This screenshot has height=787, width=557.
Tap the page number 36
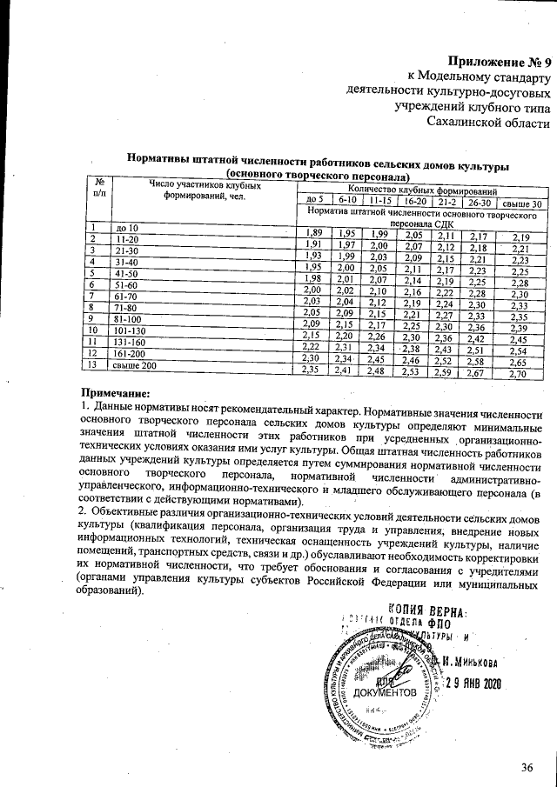(x=526, y=766)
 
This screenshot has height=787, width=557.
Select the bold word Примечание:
(x=116, y=394)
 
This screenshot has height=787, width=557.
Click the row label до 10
(x=127, y=228)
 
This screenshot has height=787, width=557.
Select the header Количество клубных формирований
(x=422, y=190)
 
